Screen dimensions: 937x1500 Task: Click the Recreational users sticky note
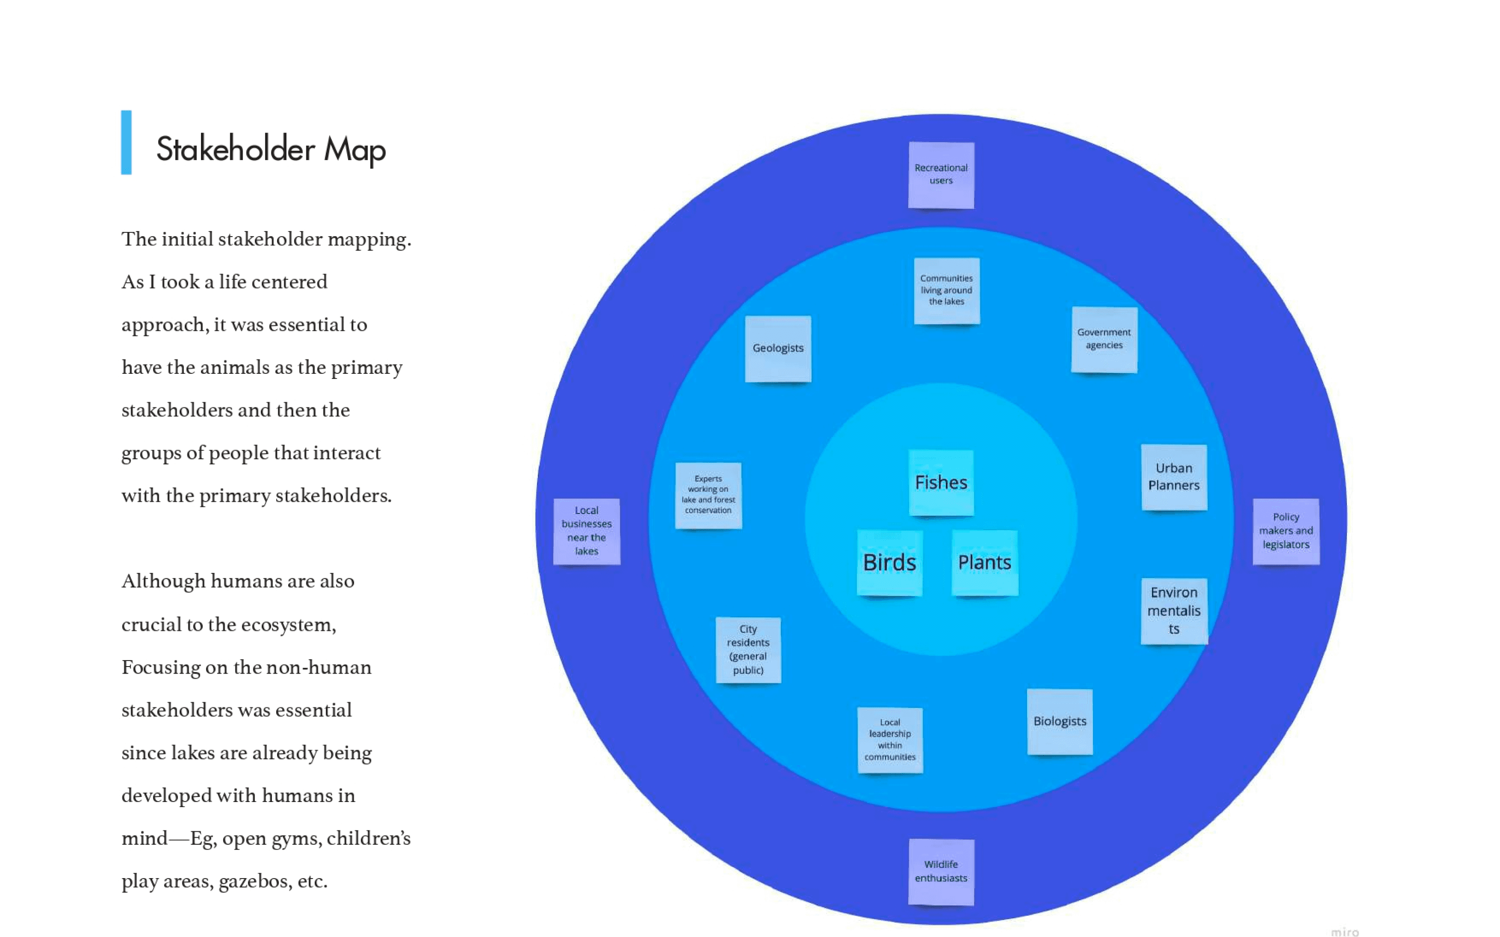(x=941, y=175)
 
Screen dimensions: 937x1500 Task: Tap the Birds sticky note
(x=889, y=562)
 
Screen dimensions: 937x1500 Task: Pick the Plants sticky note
(x=984, y=562)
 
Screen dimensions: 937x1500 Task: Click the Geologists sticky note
(x=778, y=348)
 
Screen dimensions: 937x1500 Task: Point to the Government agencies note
(x=1104, y=339)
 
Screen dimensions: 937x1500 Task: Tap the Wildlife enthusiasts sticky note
(x=941, y=871)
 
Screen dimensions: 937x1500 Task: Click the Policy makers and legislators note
(x=1286, y=531)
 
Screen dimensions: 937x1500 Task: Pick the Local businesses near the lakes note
(x=586, y=531)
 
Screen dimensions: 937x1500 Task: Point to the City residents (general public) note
(x=748, y=649)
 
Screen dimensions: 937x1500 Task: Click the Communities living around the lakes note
(x=946, y=290)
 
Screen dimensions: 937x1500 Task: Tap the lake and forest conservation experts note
(x=708, y=495)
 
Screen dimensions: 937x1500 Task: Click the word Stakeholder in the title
(x=236, y=149)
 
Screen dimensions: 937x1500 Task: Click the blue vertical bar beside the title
(x=126, y=142)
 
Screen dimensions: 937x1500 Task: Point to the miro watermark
(x=1345, y=931)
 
